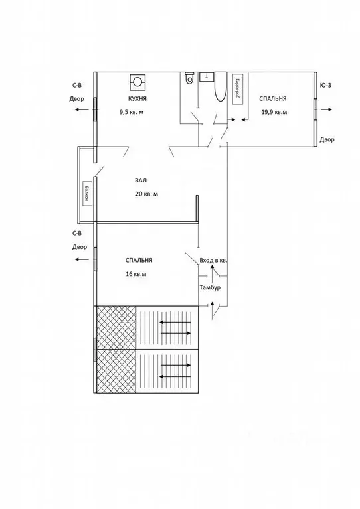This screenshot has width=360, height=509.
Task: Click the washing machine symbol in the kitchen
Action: [x=137, y=81]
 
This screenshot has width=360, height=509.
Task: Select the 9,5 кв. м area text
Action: [x=132, y=112]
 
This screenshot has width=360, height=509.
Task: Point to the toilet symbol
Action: [x=190, y=78]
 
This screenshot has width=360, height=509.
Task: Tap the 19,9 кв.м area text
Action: [x=274, y=112]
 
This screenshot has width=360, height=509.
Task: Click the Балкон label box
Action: [x=86, y=194]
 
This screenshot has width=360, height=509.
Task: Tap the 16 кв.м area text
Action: [x=135, y=274]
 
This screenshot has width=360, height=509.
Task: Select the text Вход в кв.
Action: [x=213, y=261]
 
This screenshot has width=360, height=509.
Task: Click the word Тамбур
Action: [x=210, y=287]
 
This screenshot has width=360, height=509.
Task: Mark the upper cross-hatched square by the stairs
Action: [x=116, y=327]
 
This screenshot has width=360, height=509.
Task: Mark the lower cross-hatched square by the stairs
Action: [x=116, y=372]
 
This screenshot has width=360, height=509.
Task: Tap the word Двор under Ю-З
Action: [x=326, y=139]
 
